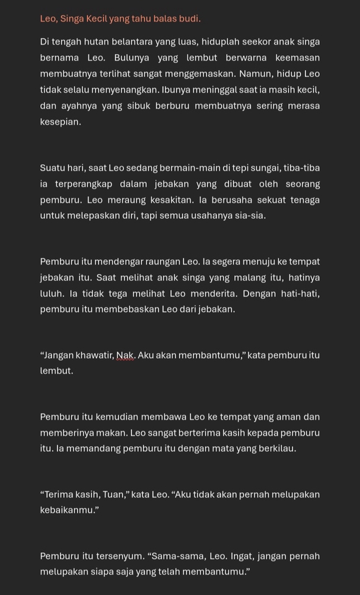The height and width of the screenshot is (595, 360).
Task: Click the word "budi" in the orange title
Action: click(189, 19)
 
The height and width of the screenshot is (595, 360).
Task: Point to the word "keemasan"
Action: click(295, 58)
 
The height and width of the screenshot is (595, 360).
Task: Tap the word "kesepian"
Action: click(59, 122)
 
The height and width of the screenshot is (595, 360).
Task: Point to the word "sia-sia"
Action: click(250, 216)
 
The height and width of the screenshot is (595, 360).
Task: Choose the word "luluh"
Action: click(51, 294)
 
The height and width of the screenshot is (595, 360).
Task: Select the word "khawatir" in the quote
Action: click(89, 355)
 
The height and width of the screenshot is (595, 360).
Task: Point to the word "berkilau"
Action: click(277, 448)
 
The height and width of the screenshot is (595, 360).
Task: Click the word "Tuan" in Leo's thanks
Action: click(100, 495)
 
